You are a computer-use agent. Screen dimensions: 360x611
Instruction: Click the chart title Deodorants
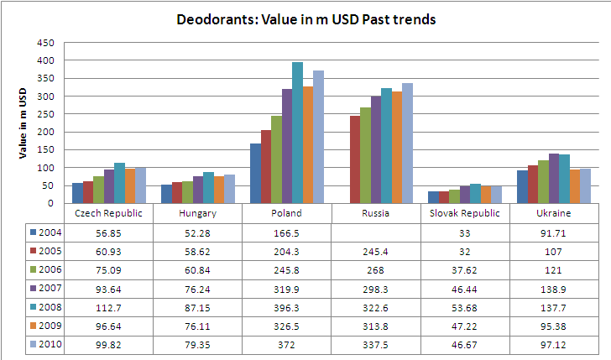pyautogui.click(x=305, y=18)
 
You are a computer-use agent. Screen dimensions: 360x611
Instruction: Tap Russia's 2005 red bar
pyautogui.click(x=355, y=159)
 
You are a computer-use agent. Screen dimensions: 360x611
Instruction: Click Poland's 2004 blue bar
pyautogui.click(x=256, y=173)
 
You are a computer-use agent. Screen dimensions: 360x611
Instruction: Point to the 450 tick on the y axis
pyautogui.click(x=47, y=43)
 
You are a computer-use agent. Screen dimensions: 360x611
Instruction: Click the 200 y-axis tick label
pyautogui.click(x=47, y=132)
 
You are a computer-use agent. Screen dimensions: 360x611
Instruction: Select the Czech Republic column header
pyautogui.click(x=109, y=213)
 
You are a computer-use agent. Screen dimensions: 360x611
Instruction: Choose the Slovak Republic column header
pyautogui.click(x=466, y=213)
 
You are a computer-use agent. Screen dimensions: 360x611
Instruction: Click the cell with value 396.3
pyautogui.click(x=287, y=306)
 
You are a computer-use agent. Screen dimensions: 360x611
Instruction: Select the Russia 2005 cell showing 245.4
pyautogui.click(x=376, y=250)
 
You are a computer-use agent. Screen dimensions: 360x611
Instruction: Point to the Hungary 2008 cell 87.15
pyautogui.click(x=198, y=306)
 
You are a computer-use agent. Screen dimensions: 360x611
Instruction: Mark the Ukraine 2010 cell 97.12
pyautogui.click(x=555, y=343)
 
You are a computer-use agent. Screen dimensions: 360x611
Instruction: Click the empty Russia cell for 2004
pyautogui.click(x=376, y=232)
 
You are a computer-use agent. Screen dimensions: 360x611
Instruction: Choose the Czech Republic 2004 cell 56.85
pyautogui.click(x=109, y=232)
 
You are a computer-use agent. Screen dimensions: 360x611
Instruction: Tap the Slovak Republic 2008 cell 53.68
pyautogui.click(x=466, y=306)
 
